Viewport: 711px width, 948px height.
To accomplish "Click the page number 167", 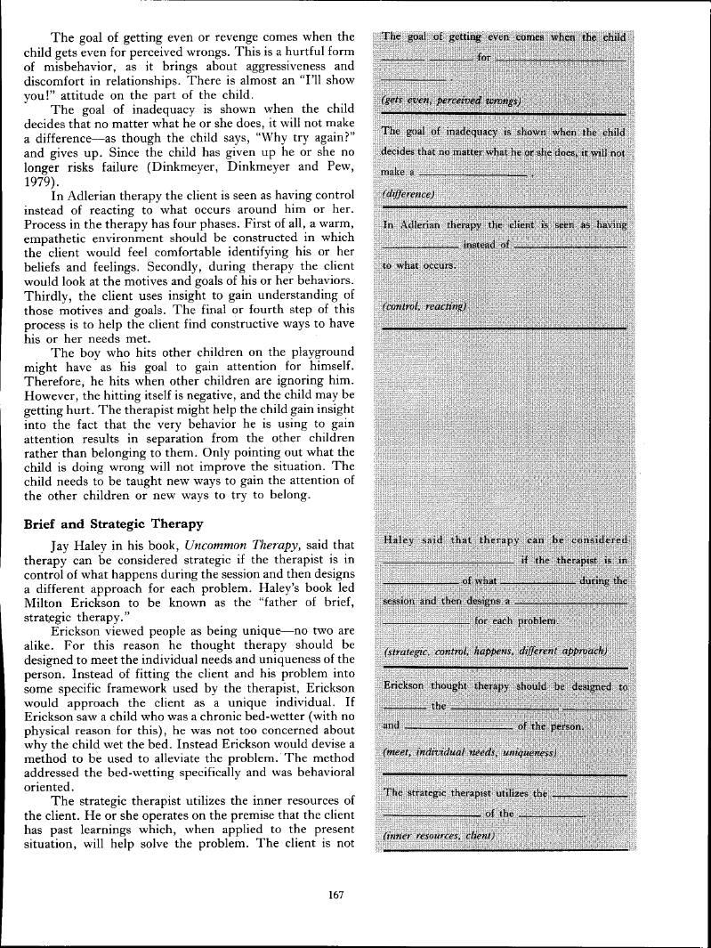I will coord(335,895).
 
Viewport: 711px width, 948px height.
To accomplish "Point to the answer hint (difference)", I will coord(408,193).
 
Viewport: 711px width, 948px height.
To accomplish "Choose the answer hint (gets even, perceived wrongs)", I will coord(450,100).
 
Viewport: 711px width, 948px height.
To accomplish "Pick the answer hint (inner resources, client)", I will coord(438,837).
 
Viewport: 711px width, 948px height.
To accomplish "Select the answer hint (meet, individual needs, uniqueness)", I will coord(469,753).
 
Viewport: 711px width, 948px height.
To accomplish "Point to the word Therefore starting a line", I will coord(54,381).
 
